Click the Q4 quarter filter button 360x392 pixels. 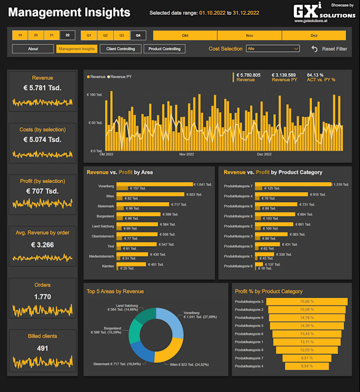138,35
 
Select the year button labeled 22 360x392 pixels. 67,35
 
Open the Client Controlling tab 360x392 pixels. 120,49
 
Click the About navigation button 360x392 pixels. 33,49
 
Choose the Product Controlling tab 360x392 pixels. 164,49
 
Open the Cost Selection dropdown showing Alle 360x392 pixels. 273,49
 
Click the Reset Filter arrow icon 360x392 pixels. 314,49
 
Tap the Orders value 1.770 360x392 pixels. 42,297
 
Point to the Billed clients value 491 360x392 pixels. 42,349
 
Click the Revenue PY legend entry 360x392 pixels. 121,77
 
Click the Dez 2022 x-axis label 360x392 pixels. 264,155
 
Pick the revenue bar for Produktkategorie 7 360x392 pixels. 293,184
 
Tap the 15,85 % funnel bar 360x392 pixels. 307,302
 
